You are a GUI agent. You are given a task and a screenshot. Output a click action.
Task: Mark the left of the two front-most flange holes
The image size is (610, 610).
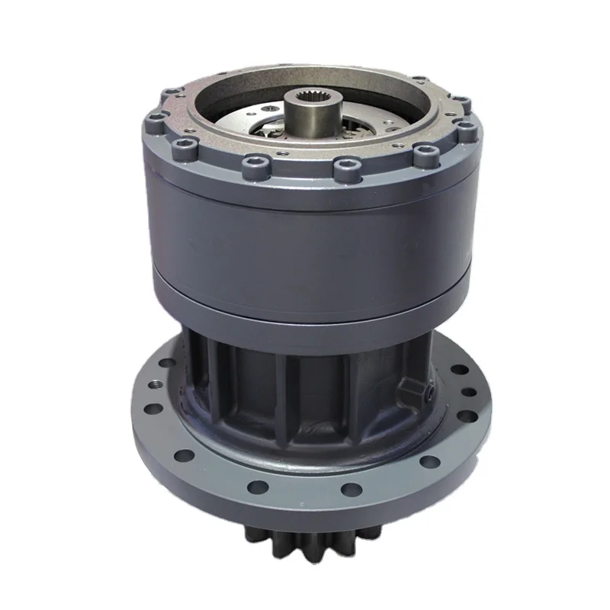pyautogui.click(x=260, y=486)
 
